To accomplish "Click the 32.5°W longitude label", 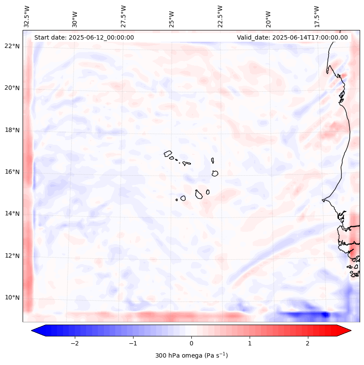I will [27, 16].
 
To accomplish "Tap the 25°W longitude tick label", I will [172, 16].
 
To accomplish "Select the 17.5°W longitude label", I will [317, 16].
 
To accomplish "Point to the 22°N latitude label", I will [12, 47].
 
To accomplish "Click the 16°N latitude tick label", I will [12, 172].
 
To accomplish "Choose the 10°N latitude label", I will [12, 298].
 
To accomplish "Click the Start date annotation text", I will [84, 37].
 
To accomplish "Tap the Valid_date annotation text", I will [292, 37].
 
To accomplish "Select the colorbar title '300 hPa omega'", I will [191, 355].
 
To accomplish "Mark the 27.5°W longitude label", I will [124, 16].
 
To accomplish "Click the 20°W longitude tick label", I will [268, 16].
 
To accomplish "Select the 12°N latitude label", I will [12, 256].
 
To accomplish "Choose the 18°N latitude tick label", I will [12, 130].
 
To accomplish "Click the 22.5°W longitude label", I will [220, 16].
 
